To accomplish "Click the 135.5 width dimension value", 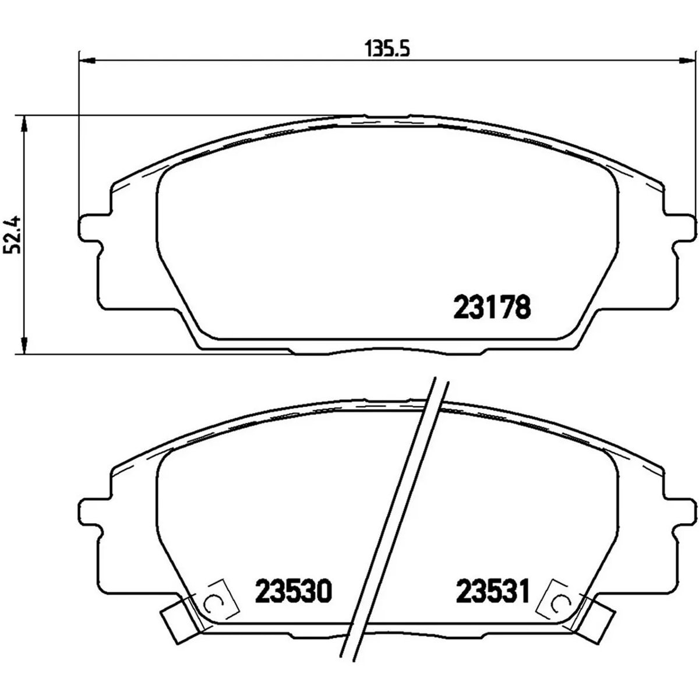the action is pos(387,50).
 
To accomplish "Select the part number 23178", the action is pos(492,306).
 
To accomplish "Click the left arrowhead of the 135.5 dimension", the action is pos(87,61).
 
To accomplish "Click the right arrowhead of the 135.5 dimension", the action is pos(687,61).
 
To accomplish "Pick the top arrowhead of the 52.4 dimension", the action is pos(24,124).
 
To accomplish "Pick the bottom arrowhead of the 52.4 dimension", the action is pos(24,345).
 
